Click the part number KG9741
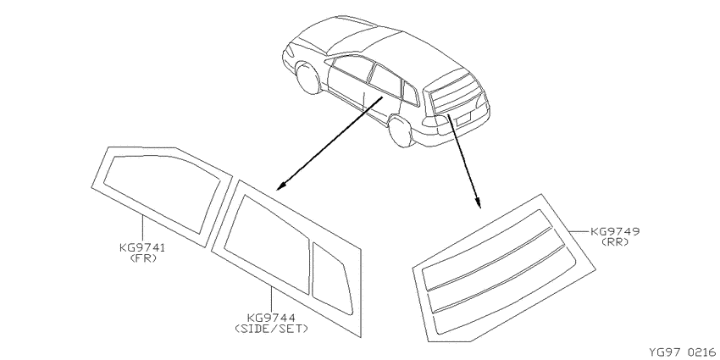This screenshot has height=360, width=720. click(x=142, y=248)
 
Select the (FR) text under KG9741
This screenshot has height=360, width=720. click(x=143, y=258)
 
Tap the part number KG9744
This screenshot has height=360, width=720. click(x=271, y=318)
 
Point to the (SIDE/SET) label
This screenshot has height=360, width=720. click(x=271, y=329)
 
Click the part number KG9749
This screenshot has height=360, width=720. click(x=615, y=231)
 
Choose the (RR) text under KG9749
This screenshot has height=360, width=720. click(x=615, y=242)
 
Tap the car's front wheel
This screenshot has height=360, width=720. click(x=308, y=79)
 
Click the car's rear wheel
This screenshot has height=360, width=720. click(x=402, y=131)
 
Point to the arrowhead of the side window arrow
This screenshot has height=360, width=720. click(x=280, y=186)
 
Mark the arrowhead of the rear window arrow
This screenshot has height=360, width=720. click(x=478, y=203)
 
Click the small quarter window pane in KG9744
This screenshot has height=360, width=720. click(x=331, y=280)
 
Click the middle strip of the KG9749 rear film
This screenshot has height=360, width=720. click(x=496, y=271)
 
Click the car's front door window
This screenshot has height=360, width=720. click(x=352, y=68)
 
